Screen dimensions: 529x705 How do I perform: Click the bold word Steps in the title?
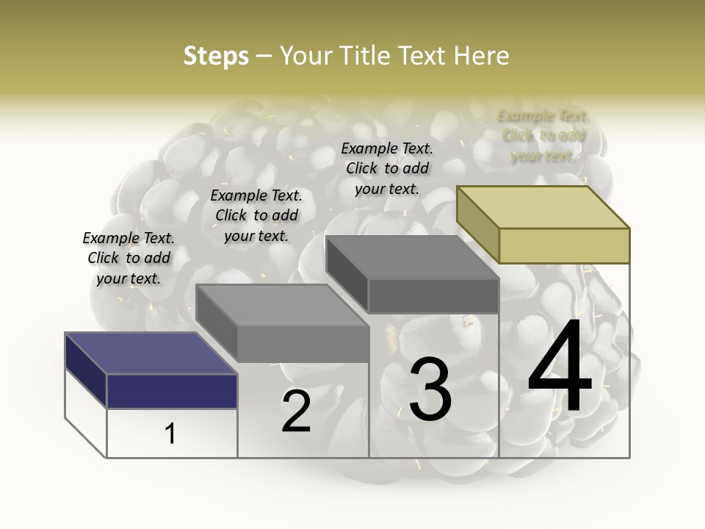coord(216,56)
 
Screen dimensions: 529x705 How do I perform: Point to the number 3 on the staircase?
coord(430,389)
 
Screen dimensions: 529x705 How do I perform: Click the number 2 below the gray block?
coord(296,411)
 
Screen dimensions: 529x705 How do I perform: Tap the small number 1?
coord(170,433)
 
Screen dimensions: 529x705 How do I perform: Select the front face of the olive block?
coord(564,245)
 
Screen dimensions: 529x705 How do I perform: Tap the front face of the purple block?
coord(172,391)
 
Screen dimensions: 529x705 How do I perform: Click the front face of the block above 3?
coord(433,296)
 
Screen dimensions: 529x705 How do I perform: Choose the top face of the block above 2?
coord(282,306)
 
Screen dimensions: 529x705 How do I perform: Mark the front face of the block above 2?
coord(303,344)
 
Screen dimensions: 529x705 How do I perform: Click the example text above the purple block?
coord(129,259)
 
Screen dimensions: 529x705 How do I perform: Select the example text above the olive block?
coord(543,136)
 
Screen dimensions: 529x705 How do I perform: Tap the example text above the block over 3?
coord(387,169)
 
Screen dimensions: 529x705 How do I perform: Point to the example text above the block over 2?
coord(256,216)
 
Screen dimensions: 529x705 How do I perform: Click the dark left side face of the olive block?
coord(477,224)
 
